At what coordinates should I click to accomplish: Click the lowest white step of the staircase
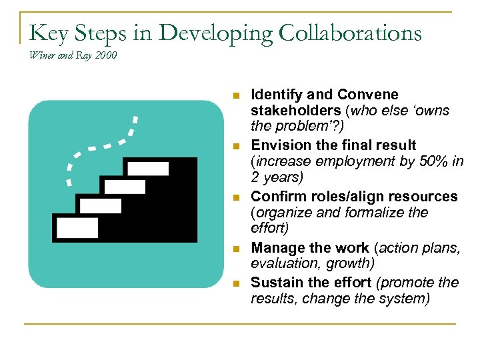click(x=77, y=227)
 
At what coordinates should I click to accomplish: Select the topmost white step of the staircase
click(x=148, y=168)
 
